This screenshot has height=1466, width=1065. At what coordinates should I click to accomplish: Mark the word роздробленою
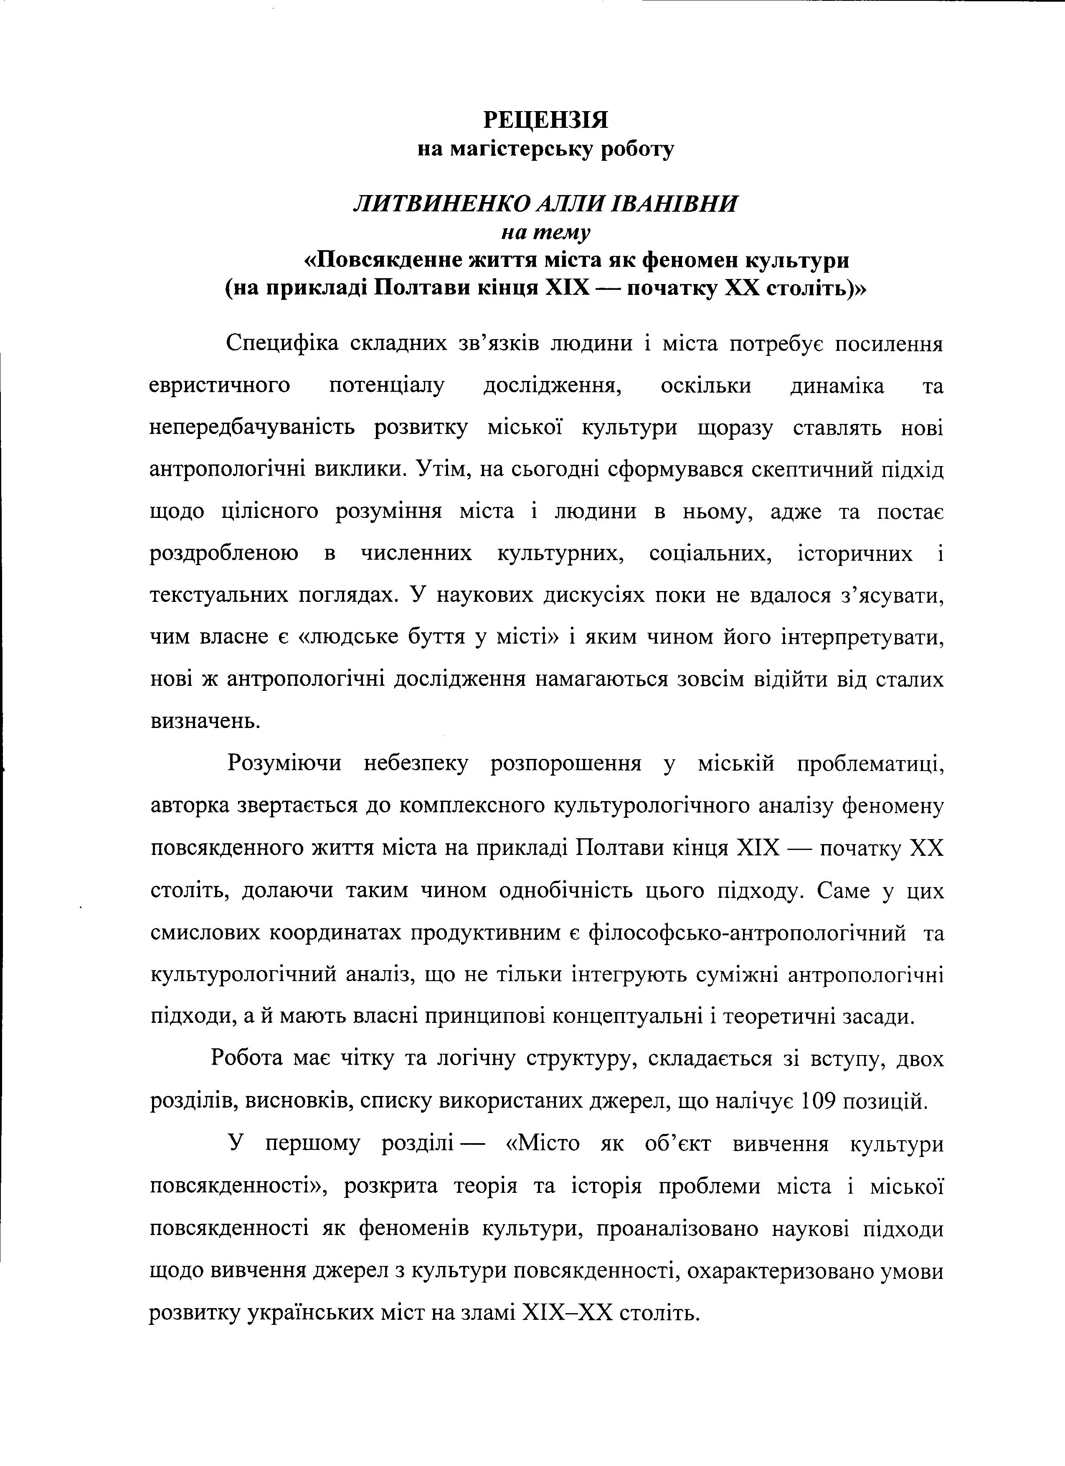223,554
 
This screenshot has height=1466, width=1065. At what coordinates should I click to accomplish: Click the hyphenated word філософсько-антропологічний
748,933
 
